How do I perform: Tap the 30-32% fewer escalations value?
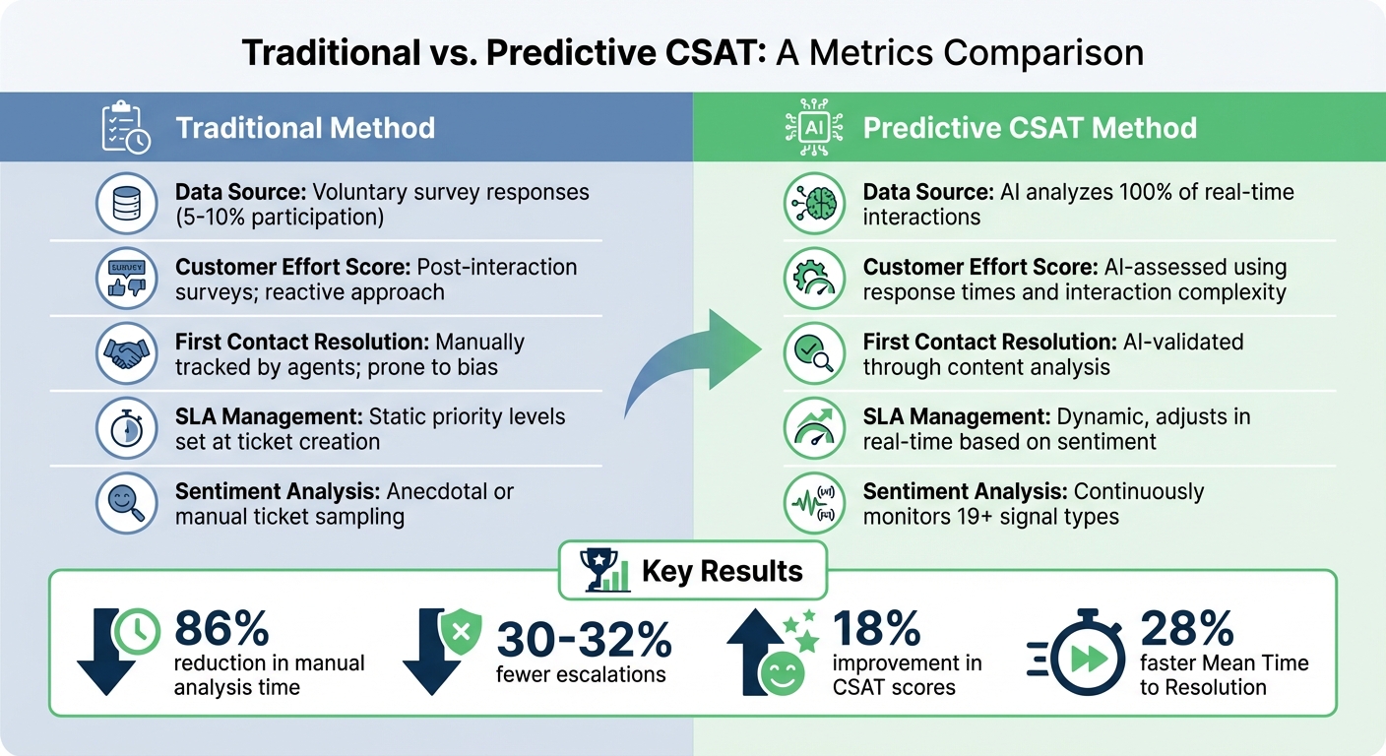point(584,641)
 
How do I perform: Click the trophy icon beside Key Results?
point(604,571)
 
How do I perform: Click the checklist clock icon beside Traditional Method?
point(126,127)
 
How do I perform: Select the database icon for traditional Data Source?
point(126,203)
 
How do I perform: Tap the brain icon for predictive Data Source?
point(813,203)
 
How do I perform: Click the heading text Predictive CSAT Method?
point(1030,128)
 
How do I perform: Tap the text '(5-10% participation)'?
point(279,217)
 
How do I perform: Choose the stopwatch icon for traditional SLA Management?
point(126,428)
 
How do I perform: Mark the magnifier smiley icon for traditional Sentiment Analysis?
point(126,503)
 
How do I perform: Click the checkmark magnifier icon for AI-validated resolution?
point(813,353)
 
